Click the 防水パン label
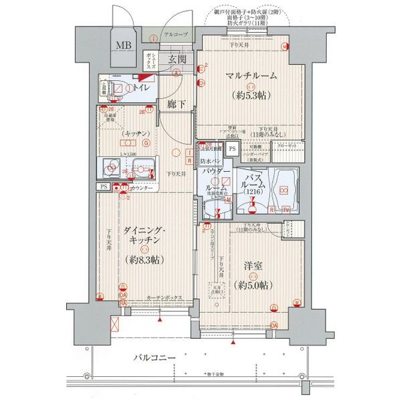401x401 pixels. tap(211, 160)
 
